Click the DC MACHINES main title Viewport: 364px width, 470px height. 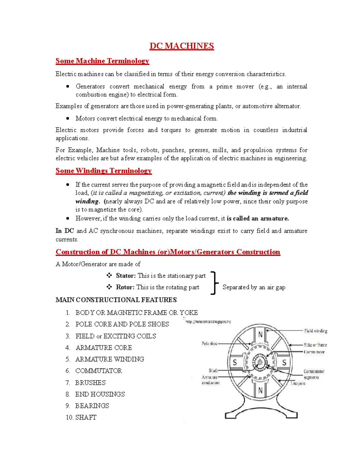coord(182,46)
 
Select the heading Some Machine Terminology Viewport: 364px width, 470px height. coord(102,61)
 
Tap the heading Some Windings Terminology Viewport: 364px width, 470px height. coord(103,171)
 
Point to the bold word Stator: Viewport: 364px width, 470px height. coord(126,276)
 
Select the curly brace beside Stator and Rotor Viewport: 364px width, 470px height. coord(214,283)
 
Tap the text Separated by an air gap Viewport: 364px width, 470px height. coord(254,287)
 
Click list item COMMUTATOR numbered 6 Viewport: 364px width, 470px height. coord(99,371)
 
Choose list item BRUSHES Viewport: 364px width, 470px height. coord(90,383)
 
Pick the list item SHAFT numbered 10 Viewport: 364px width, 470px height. coord(86,417)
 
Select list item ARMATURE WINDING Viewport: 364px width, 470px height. coord(110,359)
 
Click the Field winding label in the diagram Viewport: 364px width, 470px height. coord(315,331)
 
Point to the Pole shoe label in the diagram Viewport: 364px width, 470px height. coord(210,343)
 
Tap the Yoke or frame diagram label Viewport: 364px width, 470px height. coord(315,345)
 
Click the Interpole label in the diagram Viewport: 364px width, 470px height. coord(298,383)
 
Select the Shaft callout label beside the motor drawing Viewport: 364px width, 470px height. coord(213,370)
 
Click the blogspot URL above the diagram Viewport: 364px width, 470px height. coord(208,322)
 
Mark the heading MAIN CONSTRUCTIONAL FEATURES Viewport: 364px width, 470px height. coord(116,300)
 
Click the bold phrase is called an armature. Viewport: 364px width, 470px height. coord(258,219)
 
